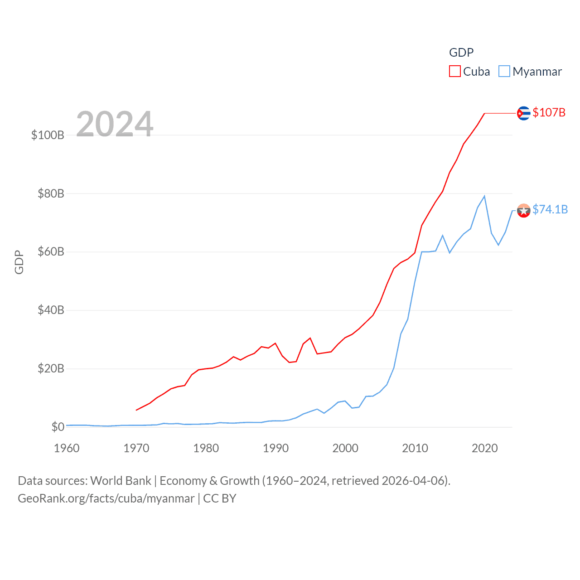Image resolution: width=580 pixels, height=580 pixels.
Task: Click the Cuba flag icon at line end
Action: point(523,113)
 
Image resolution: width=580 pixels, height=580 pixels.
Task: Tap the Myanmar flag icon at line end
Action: point(523,211)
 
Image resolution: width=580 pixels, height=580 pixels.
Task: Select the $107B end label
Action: point(549,112)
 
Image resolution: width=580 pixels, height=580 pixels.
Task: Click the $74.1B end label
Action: point(550,209)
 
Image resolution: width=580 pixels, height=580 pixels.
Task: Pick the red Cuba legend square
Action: point(454,72)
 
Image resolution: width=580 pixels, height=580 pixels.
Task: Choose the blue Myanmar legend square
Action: point(504,72)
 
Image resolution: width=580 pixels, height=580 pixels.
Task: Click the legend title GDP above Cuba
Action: point(461,53)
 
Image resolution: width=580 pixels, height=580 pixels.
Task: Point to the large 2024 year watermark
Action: point(115,124)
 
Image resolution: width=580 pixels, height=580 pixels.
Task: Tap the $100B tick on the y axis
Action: point(48,135)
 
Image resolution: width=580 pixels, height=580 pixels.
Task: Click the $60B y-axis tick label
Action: point(51,251)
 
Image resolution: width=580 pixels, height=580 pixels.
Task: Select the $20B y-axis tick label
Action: point(51,368)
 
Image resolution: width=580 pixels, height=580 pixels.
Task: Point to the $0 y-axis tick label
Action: point(58,427)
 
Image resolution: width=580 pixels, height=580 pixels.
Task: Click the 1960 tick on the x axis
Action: point(67,448)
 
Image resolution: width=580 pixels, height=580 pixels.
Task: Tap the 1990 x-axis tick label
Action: point(275,448)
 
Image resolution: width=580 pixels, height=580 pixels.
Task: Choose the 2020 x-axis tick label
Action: point(484,448)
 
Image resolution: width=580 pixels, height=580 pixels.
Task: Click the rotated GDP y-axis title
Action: point(19,262)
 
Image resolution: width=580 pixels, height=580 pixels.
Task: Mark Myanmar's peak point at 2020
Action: point(484,196)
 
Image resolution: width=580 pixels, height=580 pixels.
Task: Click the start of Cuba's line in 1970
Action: point(136,410)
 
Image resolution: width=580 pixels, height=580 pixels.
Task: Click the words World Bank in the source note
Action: point(121,481)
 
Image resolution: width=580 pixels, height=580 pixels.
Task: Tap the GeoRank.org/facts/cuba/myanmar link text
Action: point(106,498)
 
